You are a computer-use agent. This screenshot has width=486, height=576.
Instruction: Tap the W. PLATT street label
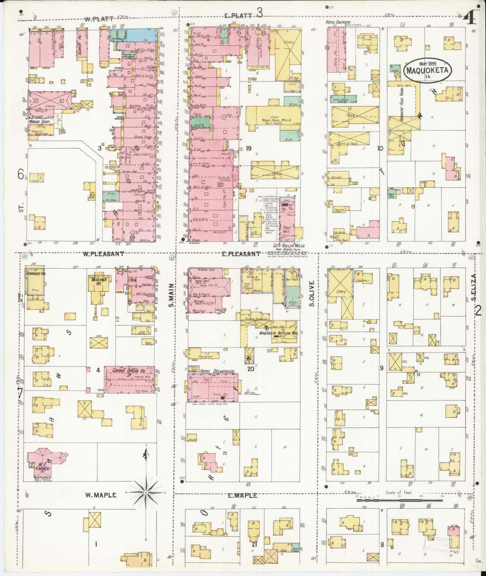click(96, 19)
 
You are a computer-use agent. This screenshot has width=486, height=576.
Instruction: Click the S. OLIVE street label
click(312, 293)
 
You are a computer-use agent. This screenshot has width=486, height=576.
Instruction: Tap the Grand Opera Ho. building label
click(129, 371)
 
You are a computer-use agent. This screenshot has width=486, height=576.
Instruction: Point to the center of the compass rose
click(146, 493)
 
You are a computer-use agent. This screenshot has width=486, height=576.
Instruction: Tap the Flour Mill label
click(286, 230)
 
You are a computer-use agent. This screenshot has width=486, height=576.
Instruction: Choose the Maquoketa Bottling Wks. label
click(278, 333)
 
